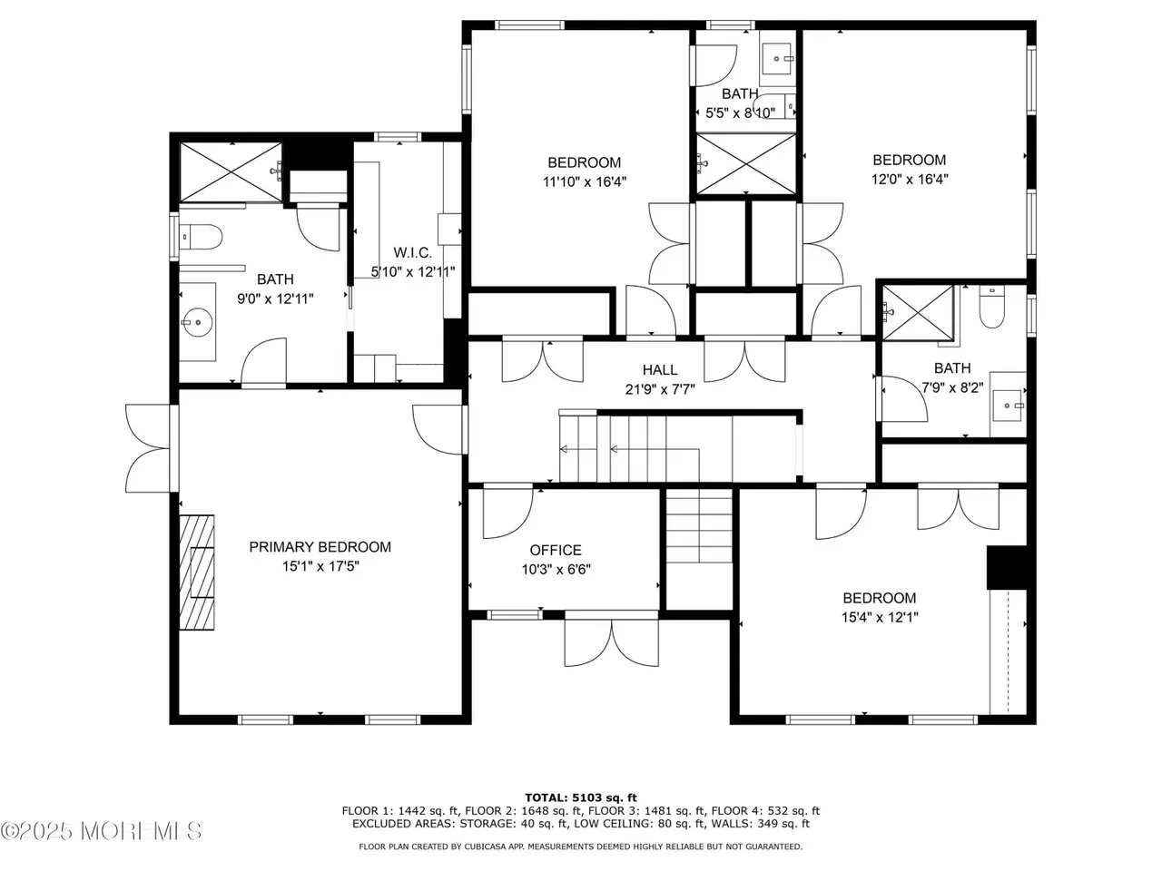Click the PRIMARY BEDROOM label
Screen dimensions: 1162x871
[x=320, y=547]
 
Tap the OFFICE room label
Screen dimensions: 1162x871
[x=556, y=550]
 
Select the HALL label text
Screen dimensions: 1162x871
[x=660, y=369]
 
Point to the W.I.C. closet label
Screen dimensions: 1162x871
[x=412, y=252]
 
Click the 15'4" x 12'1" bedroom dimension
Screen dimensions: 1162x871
[x=880, y=617]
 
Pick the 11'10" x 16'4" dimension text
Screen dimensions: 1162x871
[x=584, y=182]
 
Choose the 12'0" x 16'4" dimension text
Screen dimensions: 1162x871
[x=910, y=180]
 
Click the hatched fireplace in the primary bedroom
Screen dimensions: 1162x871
[x=197, y=573]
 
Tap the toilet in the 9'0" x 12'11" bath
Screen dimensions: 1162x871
[x=200, y=237]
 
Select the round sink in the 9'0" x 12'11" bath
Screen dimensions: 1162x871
[x=197, y=321]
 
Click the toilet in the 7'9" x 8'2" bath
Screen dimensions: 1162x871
[x=991, y=307]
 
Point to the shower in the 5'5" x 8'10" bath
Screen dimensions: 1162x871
[x=745, y=164]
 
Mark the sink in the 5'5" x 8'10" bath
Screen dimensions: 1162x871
[x=778, y=59]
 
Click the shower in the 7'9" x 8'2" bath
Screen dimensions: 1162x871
[x=919, y=312]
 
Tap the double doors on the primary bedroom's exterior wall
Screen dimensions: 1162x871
[x=148, y=448]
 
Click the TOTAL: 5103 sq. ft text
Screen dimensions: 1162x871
[x=581, y=798]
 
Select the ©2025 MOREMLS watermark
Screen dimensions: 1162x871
[x=101, y=831]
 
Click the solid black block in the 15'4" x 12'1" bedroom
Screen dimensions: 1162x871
[x=1007, y=567]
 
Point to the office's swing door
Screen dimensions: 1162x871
[x=507, y=513]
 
